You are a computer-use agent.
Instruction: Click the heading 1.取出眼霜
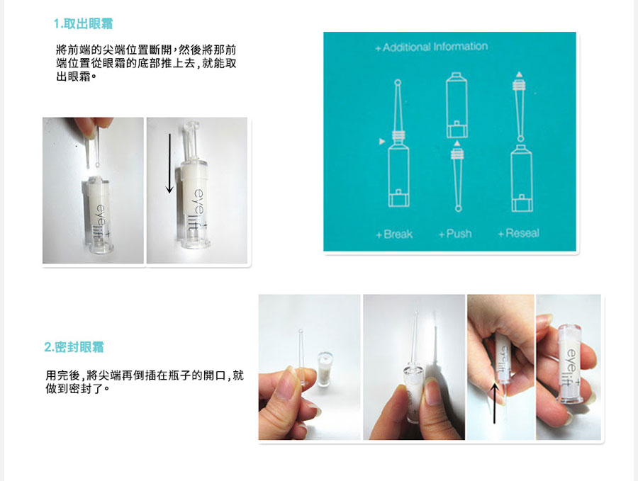(x=83, y=23)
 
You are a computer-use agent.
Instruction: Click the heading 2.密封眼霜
(x=74, y=347)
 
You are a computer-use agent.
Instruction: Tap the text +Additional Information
(x=431, y=47)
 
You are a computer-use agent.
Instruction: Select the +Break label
(x=394, y=234)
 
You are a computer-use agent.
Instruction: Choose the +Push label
(x=455, y=234)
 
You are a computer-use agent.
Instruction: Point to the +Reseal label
(x=519, y=233)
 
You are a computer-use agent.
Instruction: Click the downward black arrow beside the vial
(x=169, y=164)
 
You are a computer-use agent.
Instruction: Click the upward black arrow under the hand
(x=494, y=403)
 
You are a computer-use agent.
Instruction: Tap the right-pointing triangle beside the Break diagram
(x=381, y=142)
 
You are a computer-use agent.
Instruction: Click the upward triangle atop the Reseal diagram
(x=519, y=75)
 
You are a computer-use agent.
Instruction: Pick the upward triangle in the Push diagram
(x=457, y=143)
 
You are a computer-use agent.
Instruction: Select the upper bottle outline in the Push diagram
(x=456, y=106)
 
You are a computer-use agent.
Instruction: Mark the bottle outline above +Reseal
(x=522, y=179)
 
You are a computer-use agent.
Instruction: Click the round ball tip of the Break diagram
(x=398, y=83)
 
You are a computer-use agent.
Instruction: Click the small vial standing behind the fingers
(x=325, y=369)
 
